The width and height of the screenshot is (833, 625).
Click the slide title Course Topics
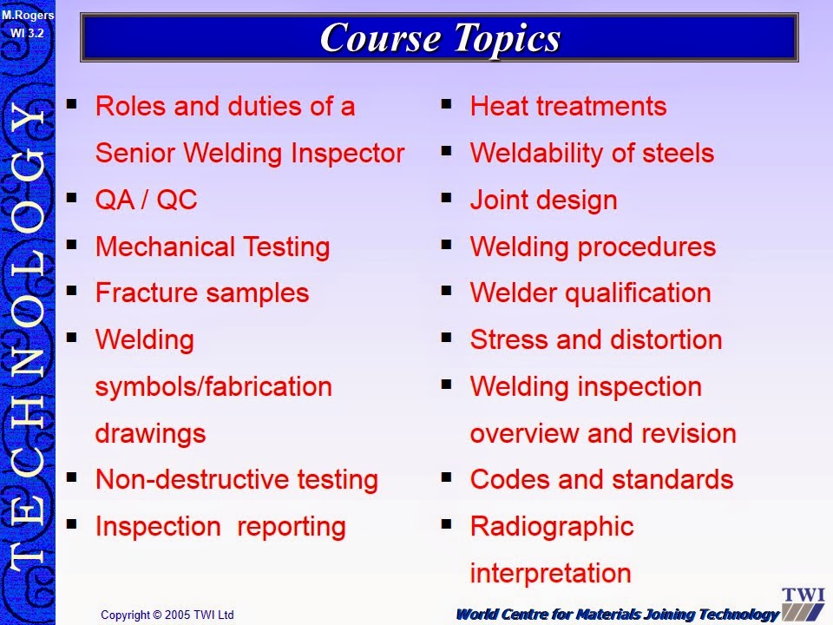pos(441,38)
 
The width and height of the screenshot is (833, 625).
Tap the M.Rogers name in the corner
pos(28,15)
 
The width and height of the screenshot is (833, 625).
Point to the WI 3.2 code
pos(27,33)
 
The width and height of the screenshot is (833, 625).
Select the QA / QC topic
pos(146,200)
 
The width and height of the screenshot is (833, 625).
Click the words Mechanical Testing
pos(213,247)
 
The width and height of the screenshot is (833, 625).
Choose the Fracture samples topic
pos(202,293)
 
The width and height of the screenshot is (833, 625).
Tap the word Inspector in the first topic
pos(347,154)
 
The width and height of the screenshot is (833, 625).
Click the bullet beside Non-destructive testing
pos(72,477)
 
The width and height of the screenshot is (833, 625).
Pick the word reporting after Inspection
pos(292,527)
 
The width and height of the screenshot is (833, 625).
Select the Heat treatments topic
pos(567,106)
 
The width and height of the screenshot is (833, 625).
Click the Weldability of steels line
pos(592,153)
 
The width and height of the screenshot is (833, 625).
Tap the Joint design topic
pos(543,201)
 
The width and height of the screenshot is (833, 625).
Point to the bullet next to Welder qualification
pos(446,291)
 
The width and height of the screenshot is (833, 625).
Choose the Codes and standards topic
pos(601,479)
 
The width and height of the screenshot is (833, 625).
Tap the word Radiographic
pos(552,527)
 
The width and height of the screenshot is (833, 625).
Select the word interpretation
pos(550,574)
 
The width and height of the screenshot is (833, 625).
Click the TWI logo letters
pos(803,595)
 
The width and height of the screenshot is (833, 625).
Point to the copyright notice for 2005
pos(167,615)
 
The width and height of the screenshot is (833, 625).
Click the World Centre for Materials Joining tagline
pos(618,615)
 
